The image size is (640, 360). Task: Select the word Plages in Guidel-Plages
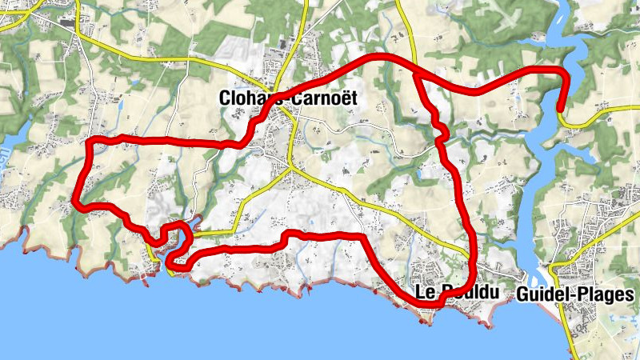tap(596, 294)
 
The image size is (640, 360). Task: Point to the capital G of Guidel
tap(524, 294)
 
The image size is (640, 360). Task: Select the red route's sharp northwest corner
tap(90, 142)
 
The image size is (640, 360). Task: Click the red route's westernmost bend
tap(77, 200)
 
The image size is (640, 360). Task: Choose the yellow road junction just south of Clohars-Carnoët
tap(290, 168)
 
